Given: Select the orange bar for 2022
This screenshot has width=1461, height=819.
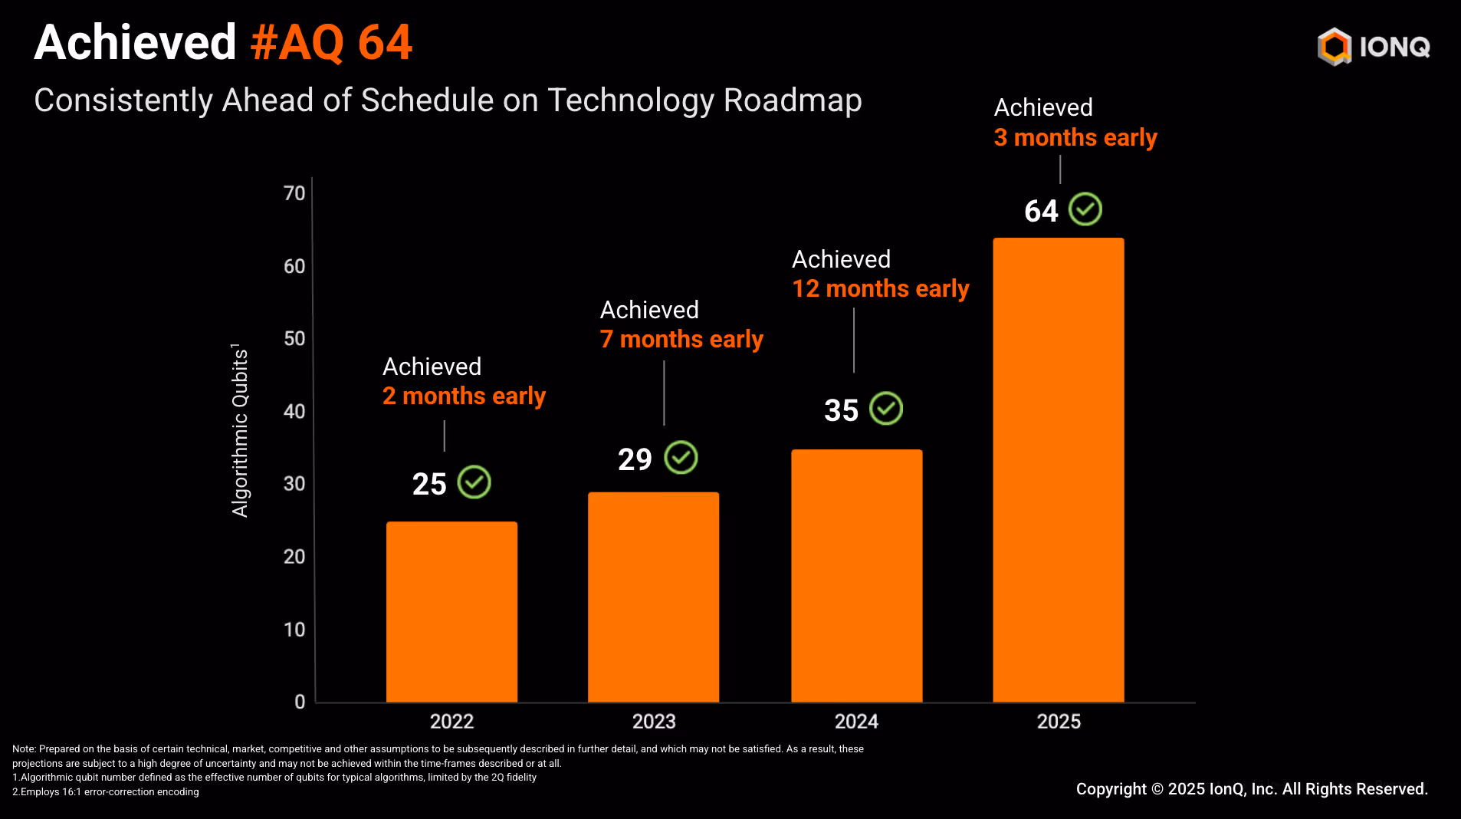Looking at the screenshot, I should [451, 611].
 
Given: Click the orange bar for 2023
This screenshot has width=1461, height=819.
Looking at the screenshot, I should [653, 597].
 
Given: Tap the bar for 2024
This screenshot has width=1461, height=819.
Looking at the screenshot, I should [856, 575].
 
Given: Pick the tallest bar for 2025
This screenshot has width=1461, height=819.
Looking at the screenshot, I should [1058, 469].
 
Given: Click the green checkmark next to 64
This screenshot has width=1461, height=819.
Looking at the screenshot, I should [1085, 209].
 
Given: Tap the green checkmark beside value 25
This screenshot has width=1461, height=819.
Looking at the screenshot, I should [474, 482].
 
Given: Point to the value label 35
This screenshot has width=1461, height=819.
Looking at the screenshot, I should [841, 410].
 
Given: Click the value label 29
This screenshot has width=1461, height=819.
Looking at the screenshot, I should [635, 459].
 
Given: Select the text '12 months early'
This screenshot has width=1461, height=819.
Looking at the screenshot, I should [880, 289].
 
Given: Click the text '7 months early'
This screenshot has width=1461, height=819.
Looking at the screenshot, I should [681, 339].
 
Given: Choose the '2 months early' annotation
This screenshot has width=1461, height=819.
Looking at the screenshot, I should [464, 396].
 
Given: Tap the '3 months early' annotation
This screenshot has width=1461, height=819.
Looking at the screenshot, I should [1075, 137].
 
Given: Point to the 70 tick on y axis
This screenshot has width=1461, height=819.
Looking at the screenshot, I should [294, 193].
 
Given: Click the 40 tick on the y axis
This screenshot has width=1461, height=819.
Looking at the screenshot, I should [294, 412].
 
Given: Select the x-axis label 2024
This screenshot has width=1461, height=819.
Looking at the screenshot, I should [856, 722].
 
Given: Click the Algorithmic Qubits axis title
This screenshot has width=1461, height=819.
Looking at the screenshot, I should [241, 430].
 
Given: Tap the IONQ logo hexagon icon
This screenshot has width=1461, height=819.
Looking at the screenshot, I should [1334, 47].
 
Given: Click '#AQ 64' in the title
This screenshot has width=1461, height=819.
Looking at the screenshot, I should [331, 42].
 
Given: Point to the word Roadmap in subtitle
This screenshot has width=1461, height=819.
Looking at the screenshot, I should [793, 100].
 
